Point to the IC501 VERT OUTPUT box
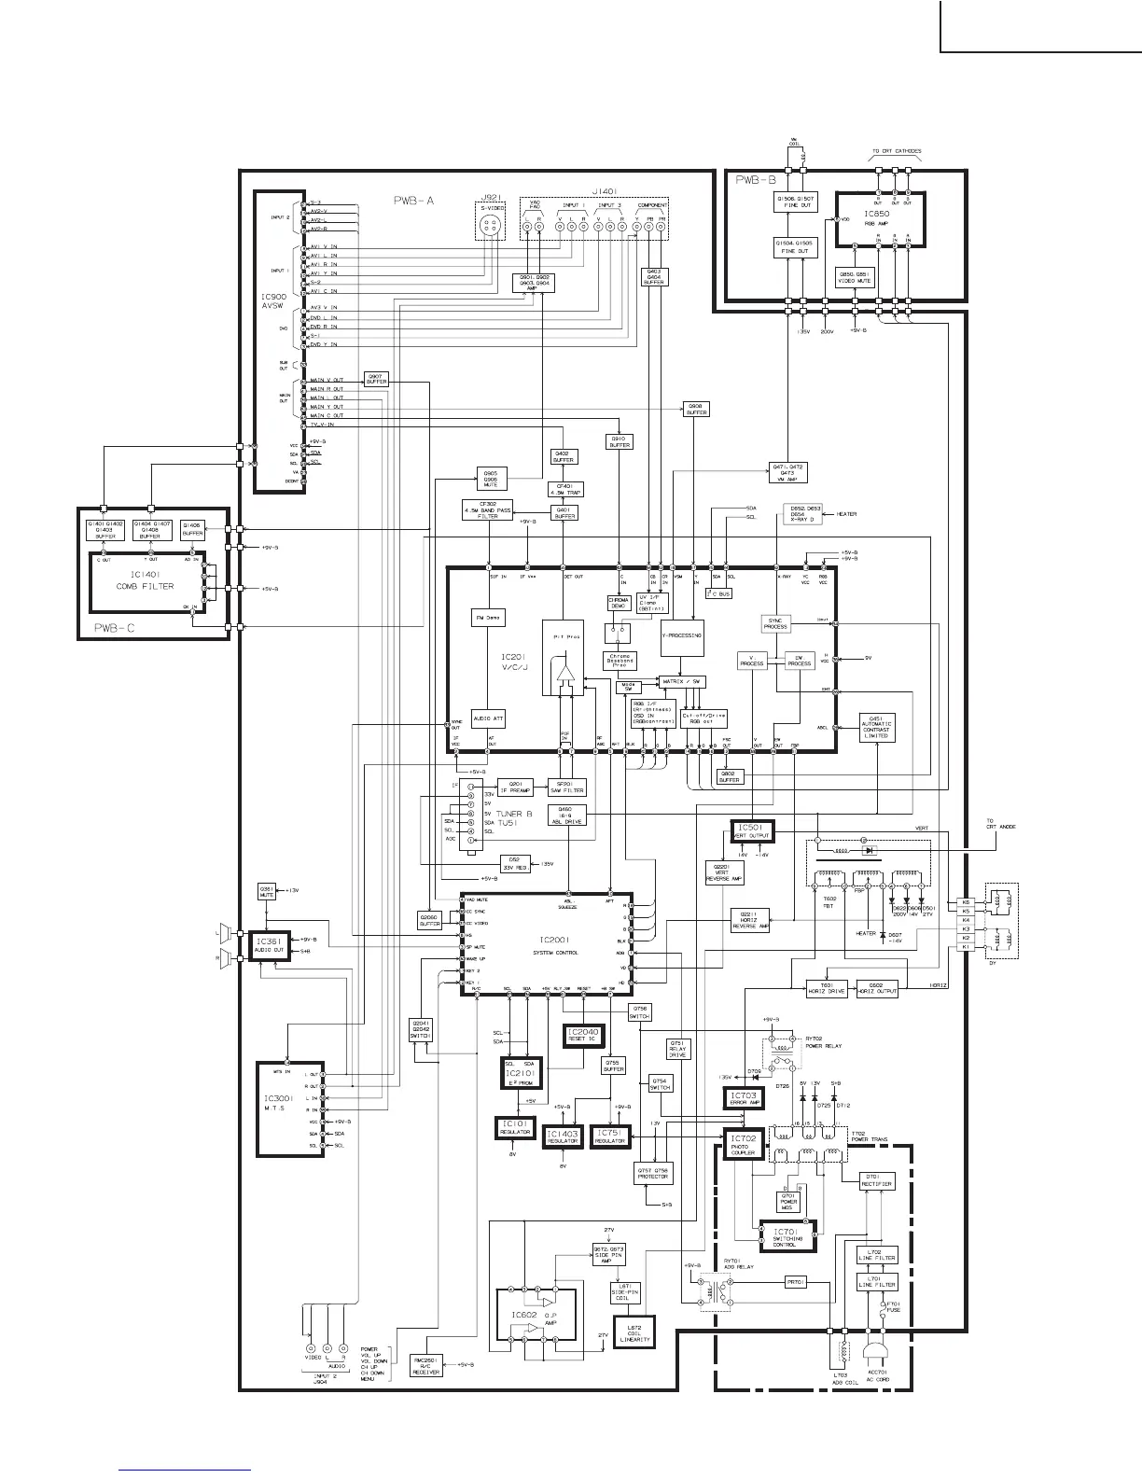748,830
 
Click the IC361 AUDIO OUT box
265,944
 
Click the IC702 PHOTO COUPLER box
743,1143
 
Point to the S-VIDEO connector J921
492,224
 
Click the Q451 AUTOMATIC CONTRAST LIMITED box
876,728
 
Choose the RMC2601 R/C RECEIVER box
425,1365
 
